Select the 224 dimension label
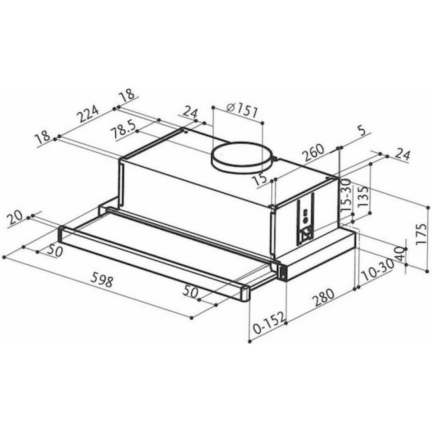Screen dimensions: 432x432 tap(87, 113)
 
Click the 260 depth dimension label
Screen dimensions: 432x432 tap(313, 152)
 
